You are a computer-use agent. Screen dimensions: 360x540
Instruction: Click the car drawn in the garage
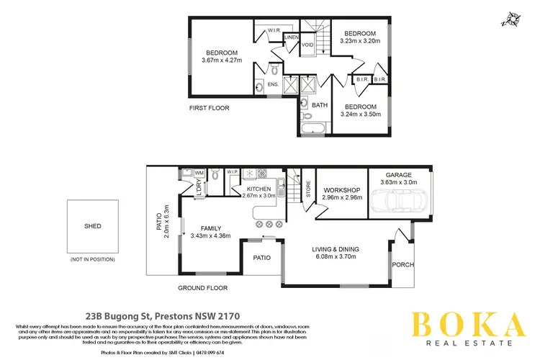click(399, 205)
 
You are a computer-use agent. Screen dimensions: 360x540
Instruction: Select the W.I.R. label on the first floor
click(274, 30)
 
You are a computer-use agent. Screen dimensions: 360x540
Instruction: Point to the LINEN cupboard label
click(291, 37)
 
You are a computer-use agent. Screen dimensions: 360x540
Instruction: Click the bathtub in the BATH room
click(313, 129)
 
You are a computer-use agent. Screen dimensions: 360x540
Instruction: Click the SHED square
click(92, 225)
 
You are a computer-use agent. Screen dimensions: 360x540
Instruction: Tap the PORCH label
click(402, 265)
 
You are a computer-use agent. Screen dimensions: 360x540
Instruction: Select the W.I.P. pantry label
click(233, 172)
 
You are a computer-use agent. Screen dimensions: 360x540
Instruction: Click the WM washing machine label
click(199, 173)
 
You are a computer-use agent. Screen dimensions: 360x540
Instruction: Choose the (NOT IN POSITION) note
click(92, 258)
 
